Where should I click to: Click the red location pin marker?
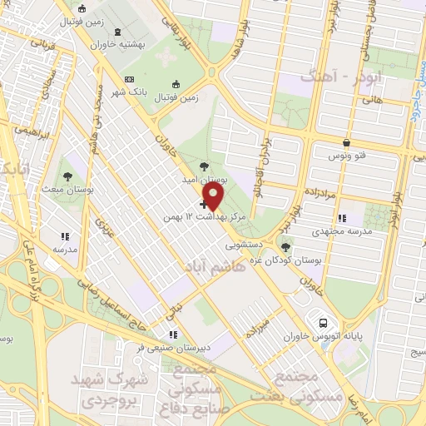click(x=215, y=196)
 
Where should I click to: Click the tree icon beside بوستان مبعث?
click(x=67, y=176)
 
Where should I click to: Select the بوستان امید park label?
click(x=206, y=178)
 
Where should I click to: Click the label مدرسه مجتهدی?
click(x=343, y=234)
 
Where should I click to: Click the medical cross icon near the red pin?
click(x=204, y=203)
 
